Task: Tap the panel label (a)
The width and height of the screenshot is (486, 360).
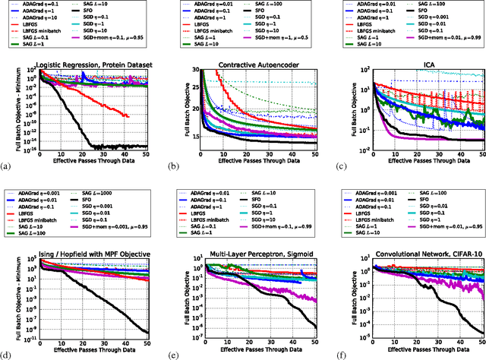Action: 7,165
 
